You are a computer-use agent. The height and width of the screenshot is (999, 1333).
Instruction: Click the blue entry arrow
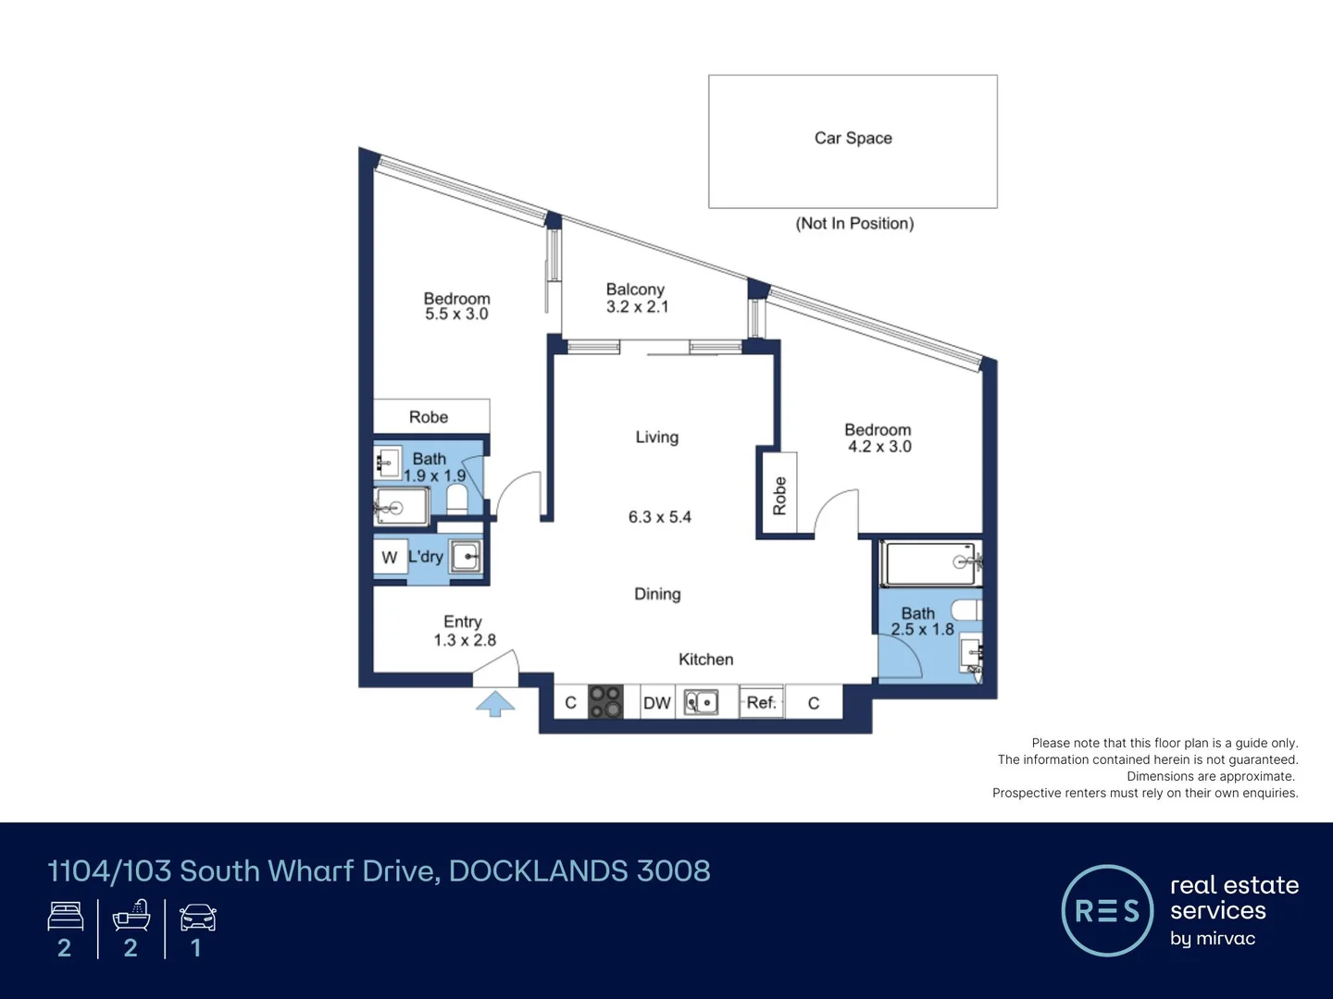coord(495,704)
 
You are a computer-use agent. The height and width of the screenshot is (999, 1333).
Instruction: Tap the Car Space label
coord(853,138)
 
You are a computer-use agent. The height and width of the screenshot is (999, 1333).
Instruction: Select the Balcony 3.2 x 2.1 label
coord(636,298)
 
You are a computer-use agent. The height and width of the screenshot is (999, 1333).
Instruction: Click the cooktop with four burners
coord(605,702)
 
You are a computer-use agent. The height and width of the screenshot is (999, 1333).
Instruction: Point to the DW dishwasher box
coord(656,703)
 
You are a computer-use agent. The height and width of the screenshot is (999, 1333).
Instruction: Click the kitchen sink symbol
coord(701,703)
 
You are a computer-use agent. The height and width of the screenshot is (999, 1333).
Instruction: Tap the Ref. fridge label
coord(761,703)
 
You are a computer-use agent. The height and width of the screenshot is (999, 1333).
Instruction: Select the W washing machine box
coord(389,557)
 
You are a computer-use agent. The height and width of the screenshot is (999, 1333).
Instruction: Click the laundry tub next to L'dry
coord(466,557)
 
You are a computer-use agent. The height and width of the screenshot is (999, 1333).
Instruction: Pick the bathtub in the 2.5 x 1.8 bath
coord(930,563)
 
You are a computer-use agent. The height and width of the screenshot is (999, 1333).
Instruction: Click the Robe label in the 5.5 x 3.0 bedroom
coord(429,417)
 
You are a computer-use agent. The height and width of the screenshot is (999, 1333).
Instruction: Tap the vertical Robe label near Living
coord(779,496)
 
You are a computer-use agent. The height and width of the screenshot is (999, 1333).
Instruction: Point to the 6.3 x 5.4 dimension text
coord(659,517)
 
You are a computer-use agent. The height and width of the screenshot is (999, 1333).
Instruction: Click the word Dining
coord(657,594)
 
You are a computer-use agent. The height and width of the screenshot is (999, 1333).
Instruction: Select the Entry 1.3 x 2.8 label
coord(464,631)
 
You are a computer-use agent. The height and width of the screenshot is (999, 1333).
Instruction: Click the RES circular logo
coord(1106,910)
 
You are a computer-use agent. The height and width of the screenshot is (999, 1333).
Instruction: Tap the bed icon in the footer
coord(66,917)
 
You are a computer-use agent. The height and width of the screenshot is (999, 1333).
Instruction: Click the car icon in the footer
coord(197,918)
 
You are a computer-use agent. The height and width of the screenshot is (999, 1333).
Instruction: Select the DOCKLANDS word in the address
coord(538,870)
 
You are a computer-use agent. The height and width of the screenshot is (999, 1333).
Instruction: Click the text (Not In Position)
coord(854,224)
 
